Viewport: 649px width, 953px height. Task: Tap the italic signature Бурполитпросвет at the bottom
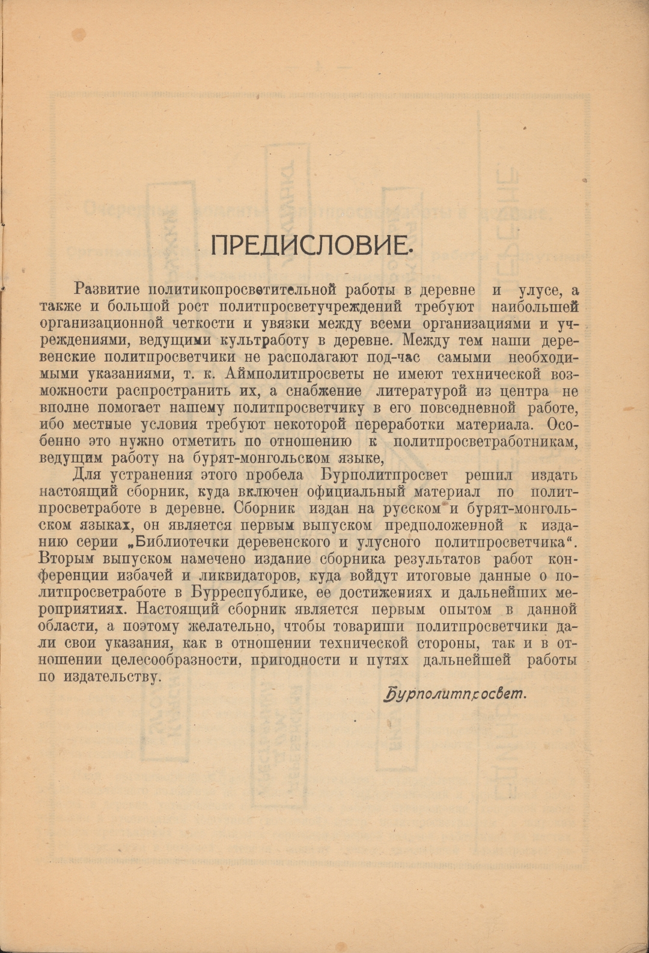(x=454, y=695)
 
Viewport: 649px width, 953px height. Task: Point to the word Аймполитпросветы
(x=285, y=374)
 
